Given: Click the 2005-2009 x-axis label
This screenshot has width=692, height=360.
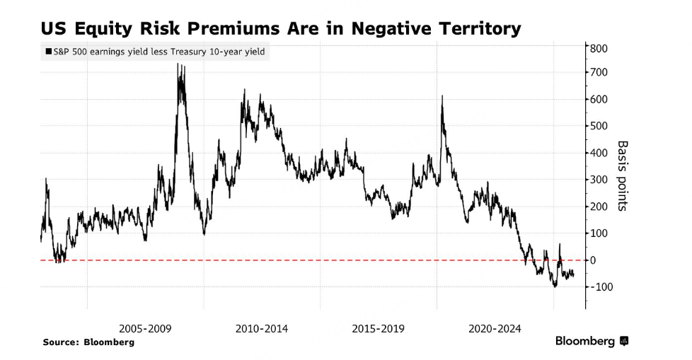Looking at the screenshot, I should coord(145,329).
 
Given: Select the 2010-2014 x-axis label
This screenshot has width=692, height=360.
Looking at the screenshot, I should coord(262,329).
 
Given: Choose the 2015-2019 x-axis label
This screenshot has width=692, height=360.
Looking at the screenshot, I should coord(378,329).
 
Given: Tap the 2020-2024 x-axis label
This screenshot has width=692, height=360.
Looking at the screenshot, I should coord(495,329).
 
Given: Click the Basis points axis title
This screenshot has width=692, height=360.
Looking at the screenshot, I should coord(623,175).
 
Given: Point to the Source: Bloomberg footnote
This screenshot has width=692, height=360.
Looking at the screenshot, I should coord(88,342).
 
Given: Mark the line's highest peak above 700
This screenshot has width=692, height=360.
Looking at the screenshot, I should coord(178,64).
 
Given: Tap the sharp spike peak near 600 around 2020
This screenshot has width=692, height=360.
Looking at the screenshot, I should coord(442,96).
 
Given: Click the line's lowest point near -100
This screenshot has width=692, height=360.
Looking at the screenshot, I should coord(555,286).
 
